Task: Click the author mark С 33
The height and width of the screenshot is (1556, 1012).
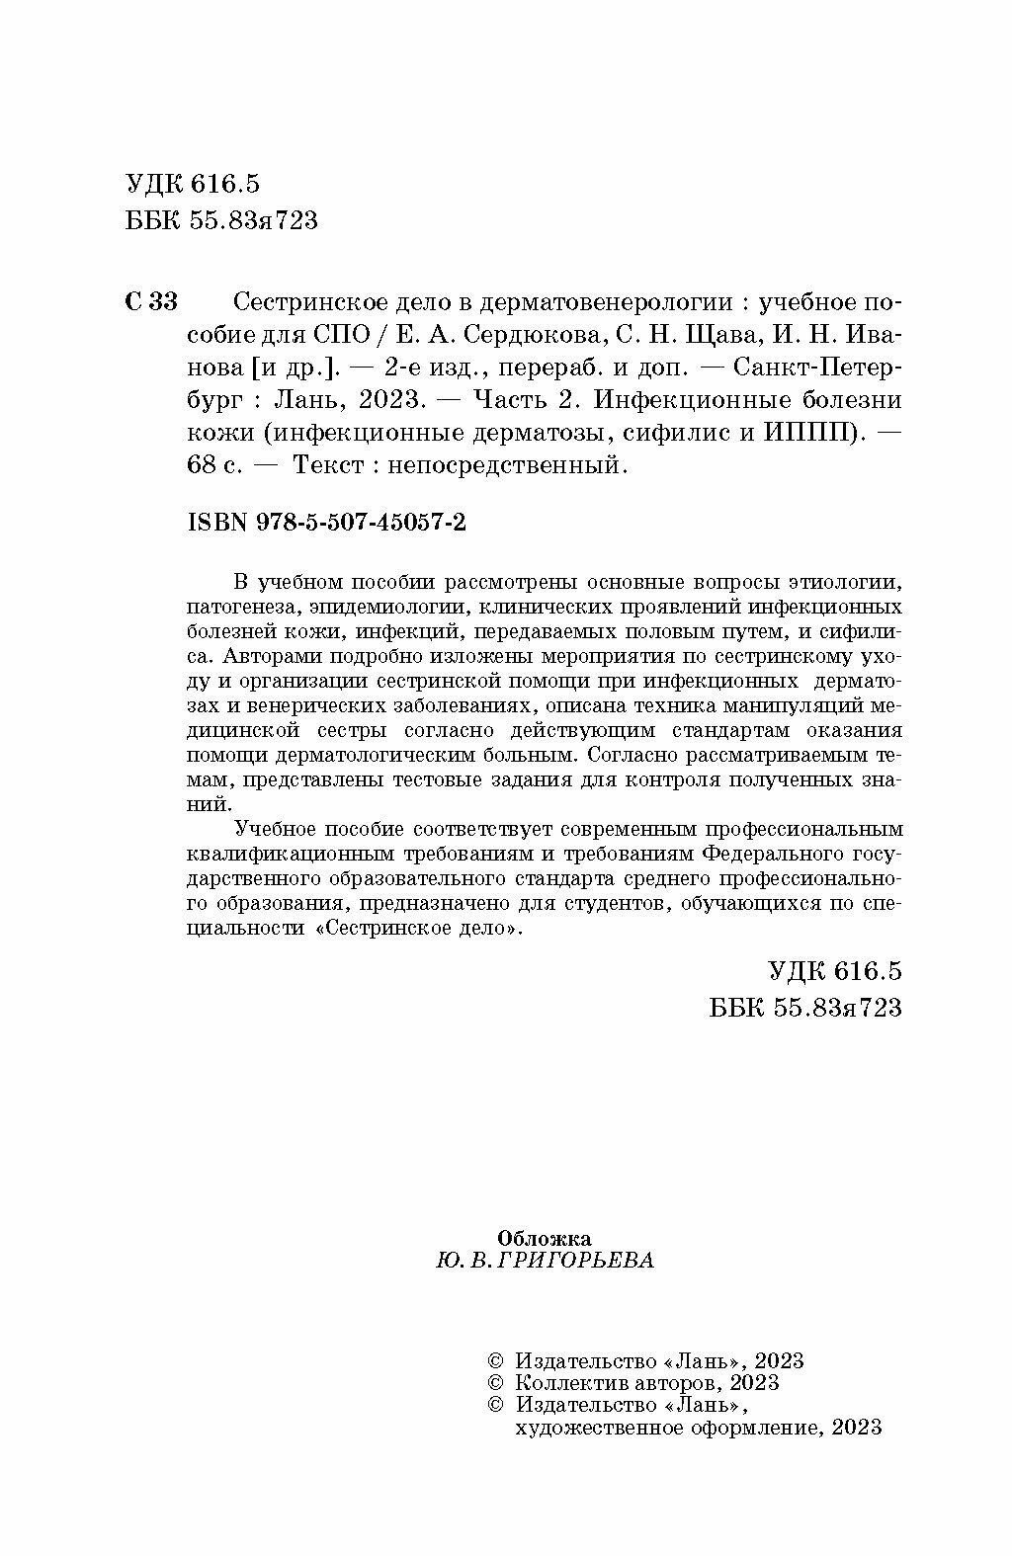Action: click(151, 301)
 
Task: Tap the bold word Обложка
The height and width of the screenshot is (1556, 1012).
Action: click(545, 1237)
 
